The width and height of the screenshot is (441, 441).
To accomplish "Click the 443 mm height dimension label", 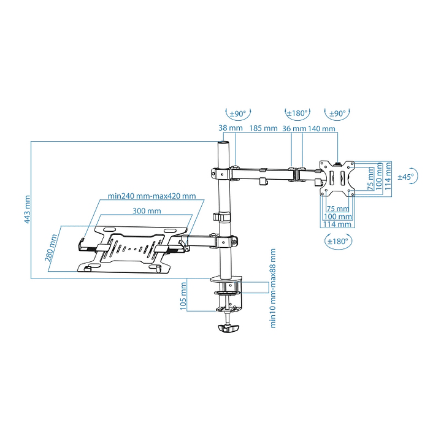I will (26, 210).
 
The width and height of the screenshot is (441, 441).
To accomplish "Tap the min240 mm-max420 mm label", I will (151, 196).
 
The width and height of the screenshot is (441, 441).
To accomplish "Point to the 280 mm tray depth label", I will (52, 247).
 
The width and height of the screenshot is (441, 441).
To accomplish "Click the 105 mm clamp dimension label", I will (183, 296).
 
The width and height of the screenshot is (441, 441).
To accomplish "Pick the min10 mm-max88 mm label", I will (273, 288).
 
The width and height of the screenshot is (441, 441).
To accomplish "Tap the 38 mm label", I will (228, 129).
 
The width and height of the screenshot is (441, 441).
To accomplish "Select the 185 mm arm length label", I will (263, 129).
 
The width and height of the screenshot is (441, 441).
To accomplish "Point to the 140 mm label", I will (321, 129).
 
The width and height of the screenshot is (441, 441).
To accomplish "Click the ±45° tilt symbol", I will (406, 176).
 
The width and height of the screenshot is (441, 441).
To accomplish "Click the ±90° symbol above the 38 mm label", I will (237, 113).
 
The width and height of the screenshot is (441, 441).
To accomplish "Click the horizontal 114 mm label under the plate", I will (337, 224).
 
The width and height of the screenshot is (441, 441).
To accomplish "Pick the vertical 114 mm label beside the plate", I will (388, 177).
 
